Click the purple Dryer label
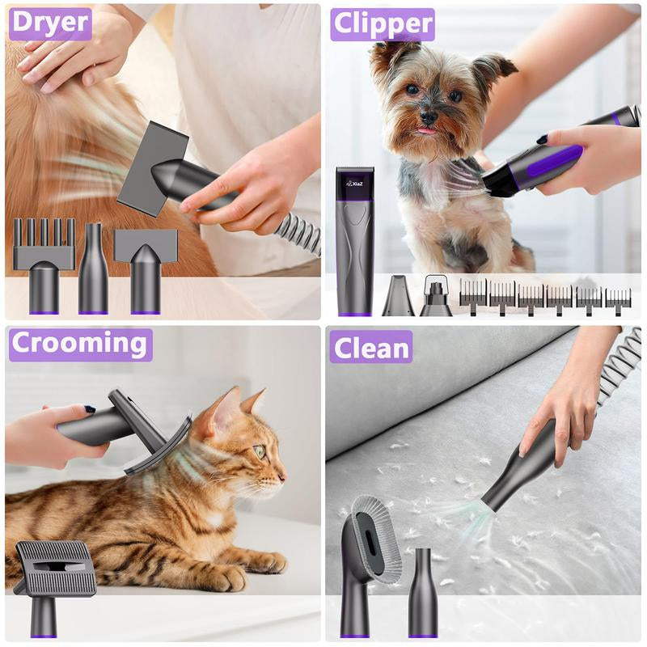click(x=49, y=23)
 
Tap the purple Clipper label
click(x=382, y=25)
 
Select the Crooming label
click(x=80, y=345)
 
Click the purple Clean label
click(x=370, y=348)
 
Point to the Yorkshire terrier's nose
click(x=429, y=116)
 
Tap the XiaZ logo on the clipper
click(x=355, y=184)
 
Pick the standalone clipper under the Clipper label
click(x=355, y=243)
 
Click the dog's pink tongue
click(x=425, y=129)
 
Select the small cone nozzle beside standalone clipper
click(x=398, y=298)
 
